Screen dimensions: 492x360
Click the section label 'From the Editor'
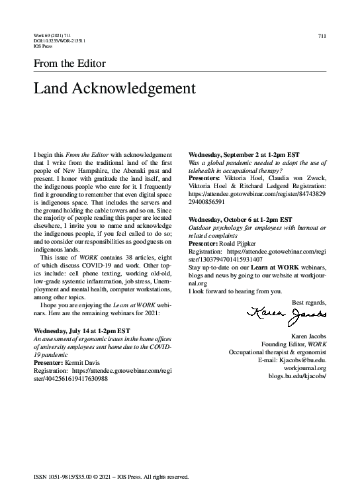[69, 64]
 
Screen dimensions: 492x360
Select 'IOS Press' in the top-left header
[42, 46]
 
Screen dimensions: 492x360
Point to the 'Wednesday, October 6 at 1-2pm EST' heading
[240, 219]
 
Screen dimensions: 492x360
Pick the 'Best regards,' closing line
[309, 303]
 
